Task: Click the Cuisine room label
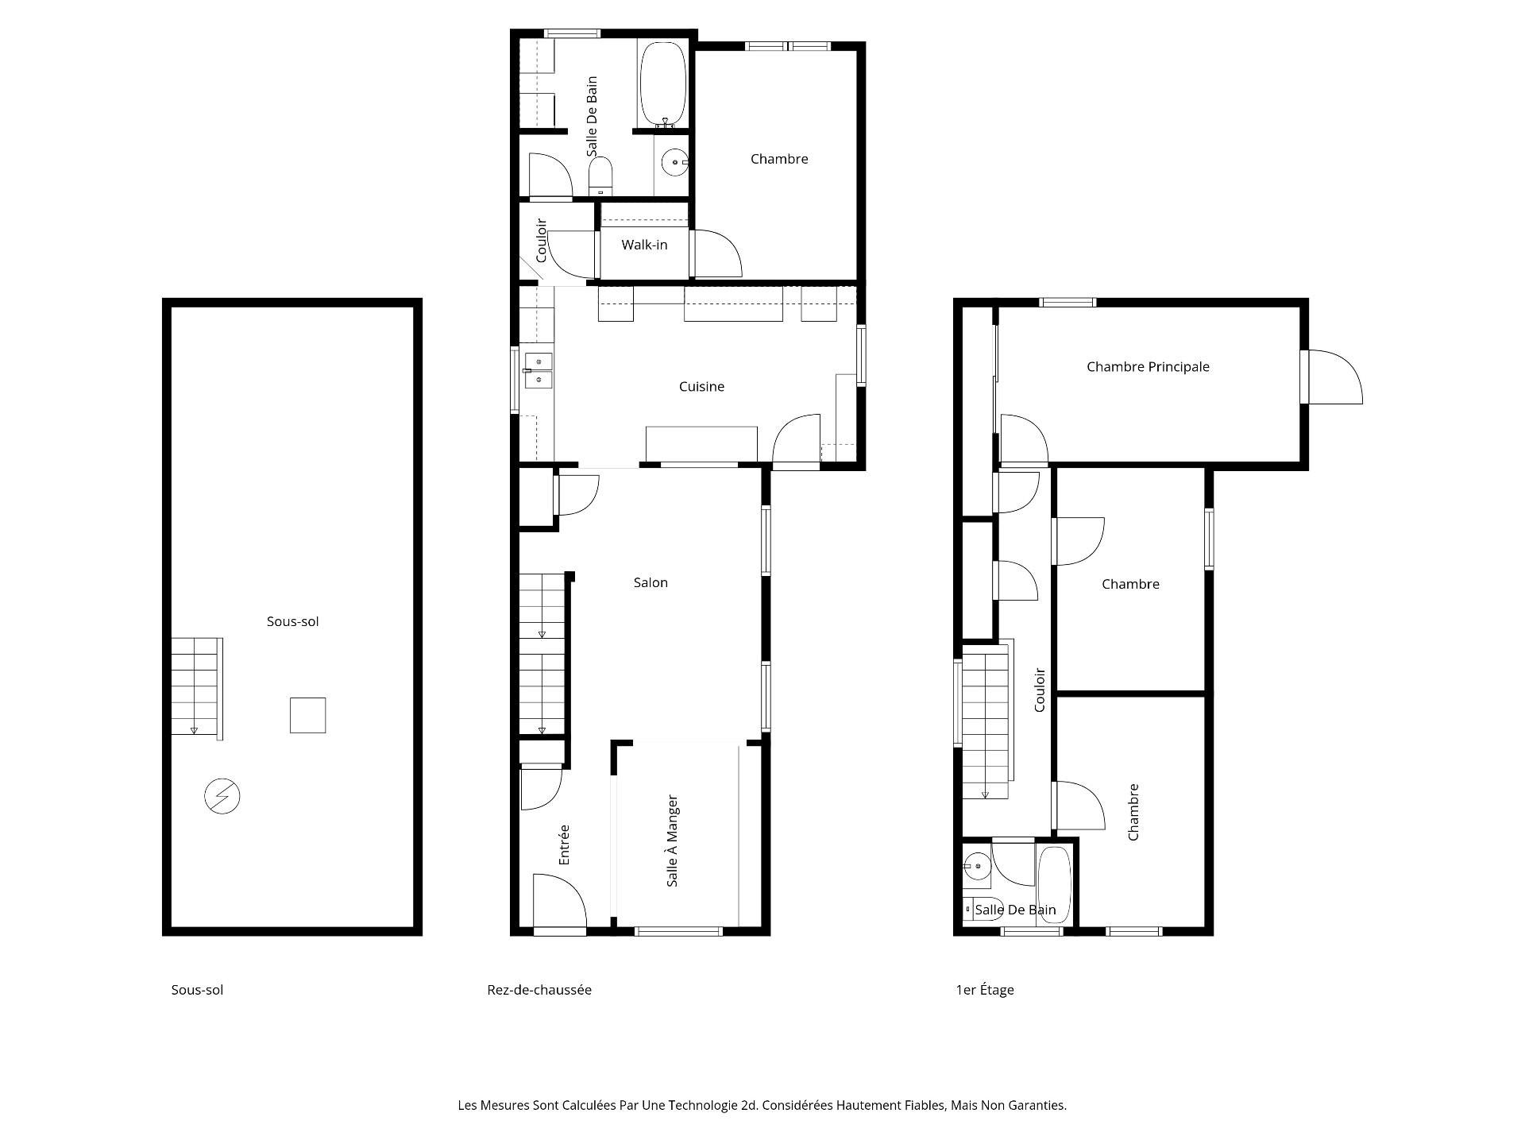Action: [701, 387]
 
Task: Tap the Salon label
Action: [651, 582]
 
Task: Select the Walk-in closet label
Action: [644, 245]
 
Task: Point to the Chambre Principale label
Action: [1148, 367]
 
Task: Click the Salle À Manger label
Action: [672, 841]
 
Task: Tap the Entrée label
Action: [564, 844]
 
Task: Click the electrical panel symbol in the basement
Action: [222, 796]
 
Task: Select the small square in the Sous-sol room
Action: [307, 715]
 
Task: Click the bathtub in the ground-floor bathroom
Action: [663, 85]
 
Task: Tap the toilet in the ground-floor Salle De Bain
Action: [601, 176]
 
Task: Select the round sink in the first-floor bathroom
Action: [977, 865]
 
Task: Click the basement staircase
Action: [197, 688]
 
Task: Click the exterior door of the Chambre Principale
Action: [1333, 377]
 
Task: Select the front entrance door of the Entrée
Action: [559, 902]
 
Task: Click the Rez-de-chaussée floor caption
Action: [539, 990]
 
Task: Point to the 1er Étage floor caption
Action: [985, 990]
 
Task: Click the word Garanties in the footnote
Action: [1037, 1105]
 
